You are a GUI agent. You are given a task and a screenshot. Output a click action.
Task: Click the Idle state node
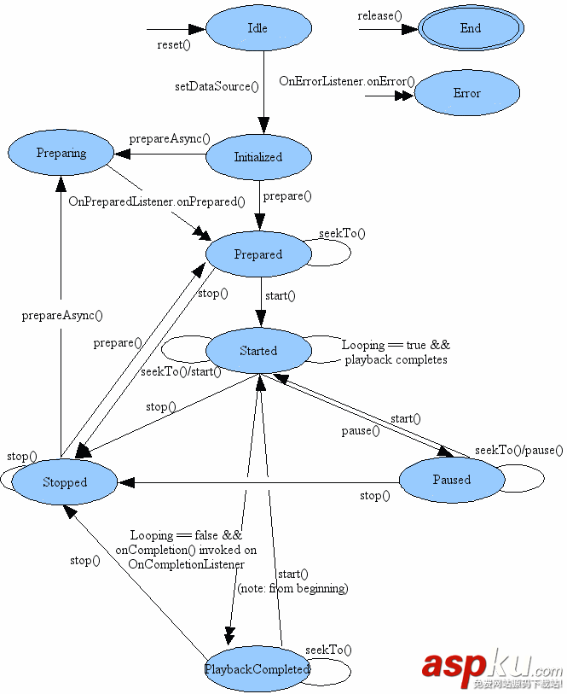[x=258, y=28]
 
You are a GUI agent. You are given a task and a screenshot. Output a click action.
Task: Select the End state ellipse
[x=470, y=28]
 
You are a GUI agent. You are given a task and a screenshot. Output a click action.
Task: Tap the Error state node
[x=466, y=93]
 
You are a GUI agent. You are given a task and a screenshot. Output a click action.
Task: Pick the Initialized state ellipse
[x=258, y=157]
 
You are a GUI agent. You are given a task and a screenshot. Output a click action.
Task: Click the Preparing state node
[x=61, y=154]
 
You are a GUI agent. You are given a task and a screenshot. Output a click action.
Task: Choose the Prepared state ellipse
[x=258, y=254]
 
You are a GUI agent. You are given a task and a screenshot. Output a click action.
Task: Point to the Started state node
[x=258, y=351]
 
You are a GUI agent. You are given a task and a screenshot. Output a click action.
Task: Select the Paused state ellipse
[x=451, y=480]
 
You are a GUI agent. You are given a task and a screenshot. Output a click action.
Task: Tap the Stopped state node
[x=65, y=482]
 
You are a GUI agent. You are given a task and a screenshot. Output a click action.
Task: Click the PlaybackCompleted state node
[x=257, y=669]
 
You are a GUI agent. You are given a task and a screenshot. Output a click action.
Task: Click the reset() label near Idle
[x=174, y=45]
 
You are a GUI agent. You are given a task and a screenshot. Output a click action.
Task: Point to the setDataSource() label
[x=217, y=86]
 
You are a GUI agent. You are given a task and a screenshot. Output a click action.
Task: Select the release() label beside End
[x=380, y=15]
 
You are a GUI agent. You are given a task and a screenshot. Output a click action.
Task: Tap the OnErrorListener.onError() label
[x=347, y=81]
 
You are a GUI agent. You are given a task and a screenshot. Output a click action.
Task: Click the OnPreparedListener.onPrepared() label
[x=157, y=202]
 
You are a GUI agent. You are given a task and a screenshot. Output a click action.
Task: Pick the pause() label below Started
[x=361, y=431]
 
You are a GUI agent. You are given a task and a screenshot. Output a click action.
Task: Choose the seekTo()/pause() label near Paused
[x=519, y=450]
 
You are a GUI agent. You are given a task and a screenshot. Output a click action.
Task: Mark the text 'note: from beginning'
[x=293, y=588]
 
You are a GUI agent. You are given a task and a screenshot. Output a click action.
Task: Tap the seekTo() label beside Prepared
[x=342, y=233]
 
